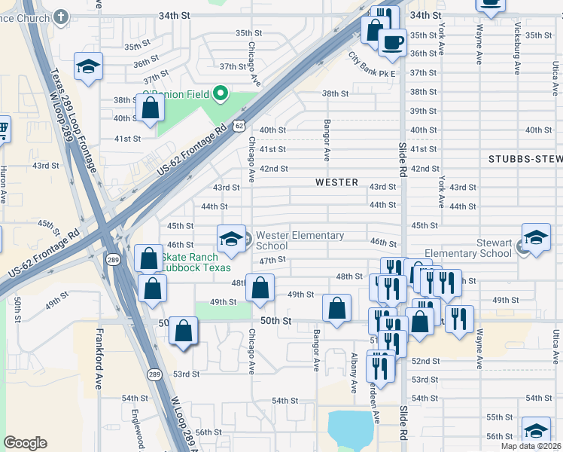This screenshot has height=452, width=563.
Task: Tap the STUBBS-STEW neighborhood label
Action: pyautogui.click(x=525, y=159)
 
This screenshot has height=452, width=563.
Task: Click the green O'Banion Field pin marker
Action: pyautogui.click(x=221, y=93)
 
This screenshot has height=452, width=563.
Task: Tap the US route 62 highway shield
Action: pyautogui.click(x=239, y=126)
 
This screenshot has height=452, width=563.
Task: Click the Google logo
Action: pyautogui.click(x=25, y=443)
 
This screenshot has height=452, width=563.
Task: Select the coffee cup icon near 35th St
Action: pyautogui.click(x=391, y=42)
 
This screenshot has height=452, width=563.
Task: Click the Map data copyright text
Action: pyautogui.click(x=530, y=446)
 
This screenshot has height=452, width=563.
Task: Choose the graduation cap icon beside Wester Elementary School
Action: pyautogui.click(x=231, y=239)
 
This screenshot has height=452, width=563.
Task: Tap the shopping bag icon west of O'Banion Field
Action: pyautogui.click(x=150, y=108)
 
